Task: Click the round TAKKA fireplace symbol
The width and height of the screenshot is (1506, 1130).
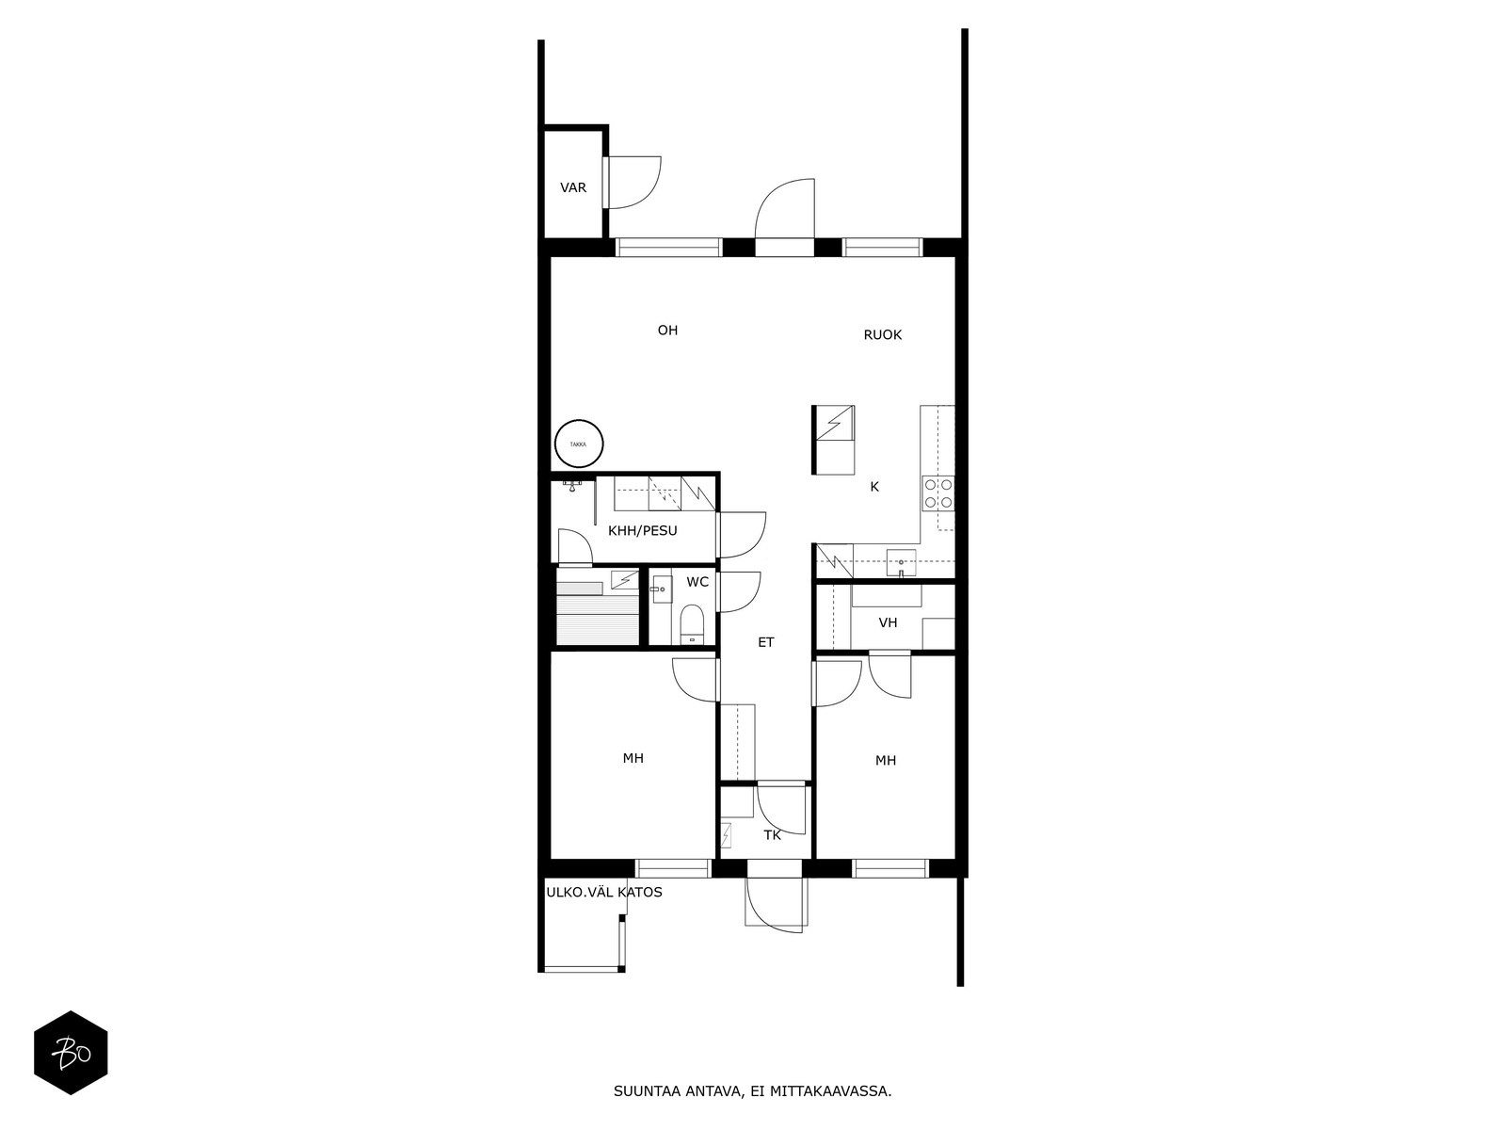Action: (x=578, y=444)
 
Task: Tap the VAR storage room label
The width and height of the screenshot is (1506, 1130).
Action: (x=573, y=187)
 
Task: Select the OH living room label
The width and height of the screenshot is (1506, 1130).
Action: (x=667, y=330)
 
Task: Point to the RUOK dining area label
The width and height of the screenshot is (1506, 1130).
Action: (x=882, y=335)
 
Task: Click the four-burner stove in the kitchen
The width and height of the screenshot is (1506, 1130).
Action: (x=937, y=493)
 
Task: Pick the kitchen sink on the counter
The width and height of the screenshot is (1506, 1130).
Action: (x=901, y=562)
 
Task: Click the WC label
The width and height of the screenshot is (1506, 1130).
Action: (x=697, y=582)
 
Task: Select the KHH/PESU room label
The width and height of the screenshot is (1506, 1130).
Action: (x=642, y=530)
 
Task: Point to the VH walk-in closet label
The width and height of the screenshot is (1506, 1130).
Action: (x=888, y=622)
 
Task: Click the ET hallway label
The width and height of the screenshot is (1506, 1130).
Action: (x=765, y=642)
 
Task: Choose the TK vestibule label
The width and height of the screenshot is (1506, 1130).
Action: (x=773, y=835)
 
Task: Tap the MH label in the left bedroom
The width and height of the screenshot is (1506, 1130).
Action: (x=633, y=758)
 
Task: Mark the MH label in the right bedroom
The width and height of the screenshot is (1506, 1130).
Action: (x=885, y=760)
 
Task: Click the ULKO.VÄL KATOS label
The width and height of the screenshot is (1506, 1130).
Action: (x=604, y=893)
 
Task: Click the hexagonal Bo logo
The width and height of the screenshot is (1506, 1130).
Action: (x=71, y=1053)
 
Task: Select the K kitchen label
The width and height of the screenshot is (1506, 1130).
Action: (x=874, y=487)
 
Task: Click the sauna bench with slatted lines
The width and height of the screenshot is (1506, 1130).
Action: (x=597, y=619)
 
